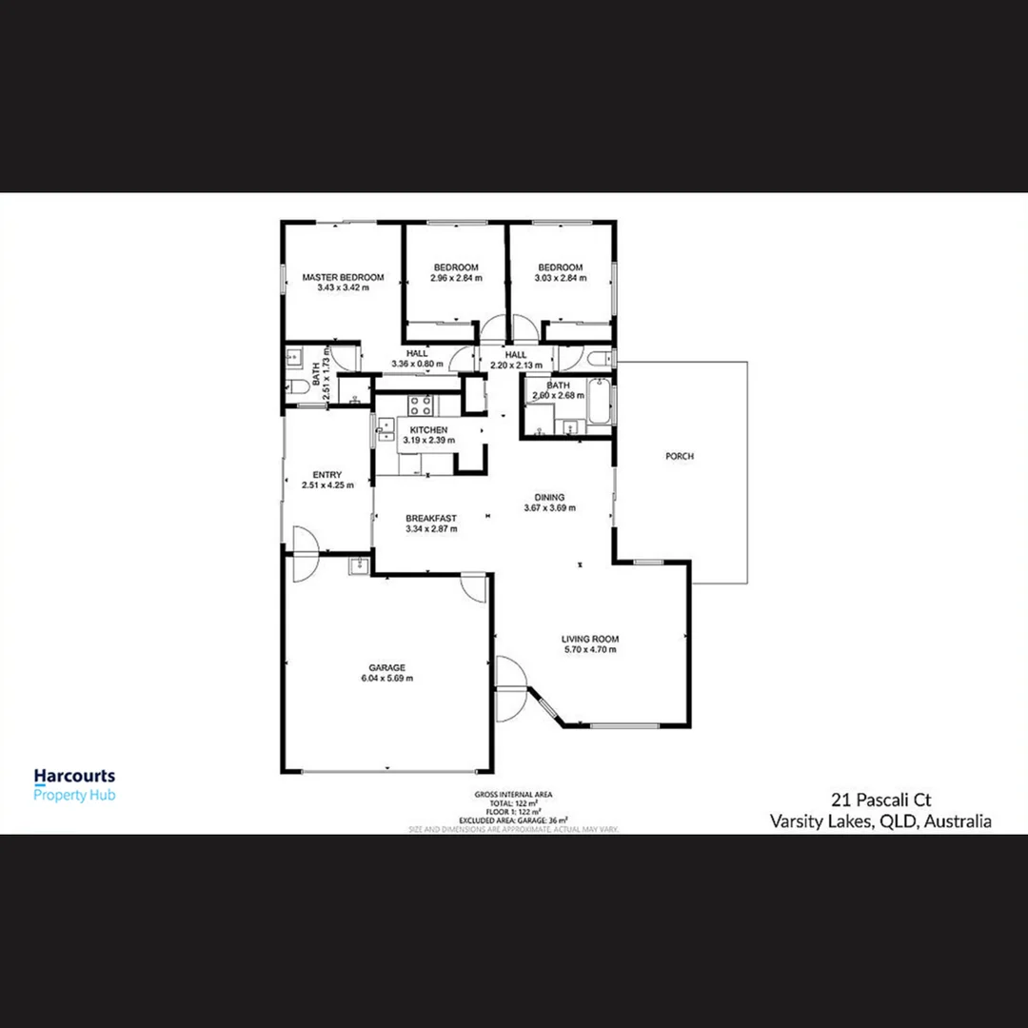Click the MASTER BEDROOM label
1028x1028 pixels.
coord(343,277)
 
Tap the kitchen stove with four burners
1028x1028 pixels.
coord(422,405)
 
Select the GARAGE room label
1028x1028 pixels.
coord(387,667)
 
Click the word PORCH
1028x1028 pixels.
coord(680,457)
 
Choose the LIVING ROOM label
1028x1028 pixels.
coord(590,639)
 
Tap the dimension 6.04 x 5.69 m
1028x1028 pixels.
coord(387,679)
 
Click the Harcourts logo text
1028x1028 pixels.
coord(74,777)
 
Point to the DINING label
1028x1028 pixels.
coord(550,497)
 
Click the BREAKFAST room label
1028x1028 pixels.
coord(431,518)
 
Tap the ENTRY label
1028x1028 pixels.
coord(327,474)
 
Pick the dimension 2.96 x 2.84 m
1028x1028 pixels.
coord(456,279)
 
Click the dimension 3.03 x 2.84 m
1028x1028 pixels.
coord(560,279)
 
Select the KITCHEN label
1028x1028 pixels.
coord(428,430)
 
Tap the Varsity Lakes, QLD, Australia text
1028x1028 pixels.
coord(880,821)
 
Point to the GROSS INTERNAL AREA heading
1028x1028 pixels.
coord(513,794)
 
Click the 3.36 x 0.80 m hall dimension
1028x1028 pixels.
coord(417,365)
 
